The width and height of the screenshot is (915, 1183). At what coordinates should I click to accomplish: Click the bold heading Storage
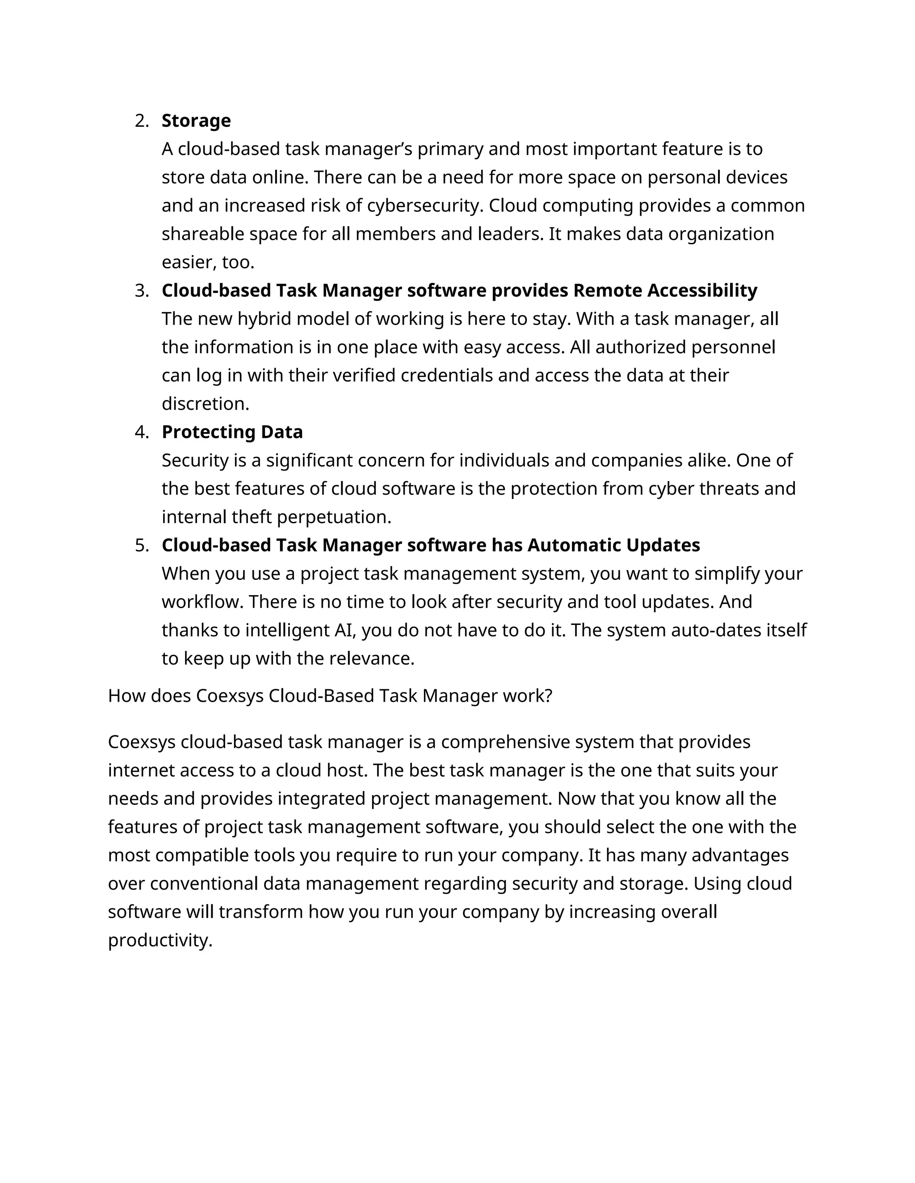[196, 121]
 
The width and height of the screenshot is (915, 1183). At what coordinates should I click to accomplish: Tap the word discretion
[205, 404]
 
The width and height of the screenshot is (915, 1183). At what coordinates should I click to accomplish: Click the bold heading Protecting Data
[232, 432]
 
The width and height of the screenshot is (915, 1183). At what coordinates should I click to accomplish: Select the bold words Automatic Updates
[613, 546]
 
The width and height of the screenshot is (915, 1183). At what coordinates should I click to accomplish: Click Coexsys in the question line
[229, 696]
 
